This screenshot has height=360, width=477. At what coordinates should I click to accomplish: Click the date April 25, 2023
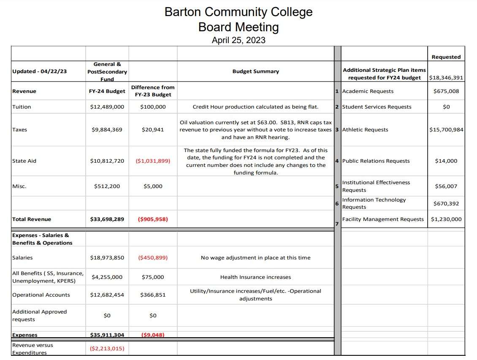point(238,41)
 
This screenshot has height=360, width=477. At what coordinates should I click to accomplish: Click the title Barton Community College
point(238,12)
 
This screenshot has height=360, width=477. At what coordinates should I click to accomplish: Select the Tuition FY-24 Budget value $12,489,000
point(107,107)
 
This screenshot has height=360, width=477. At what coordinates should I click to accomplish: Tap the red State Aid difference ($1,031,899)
point(153,161)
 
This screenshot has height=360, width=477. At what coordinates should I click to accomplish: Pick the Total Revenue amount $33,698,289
point(107,219)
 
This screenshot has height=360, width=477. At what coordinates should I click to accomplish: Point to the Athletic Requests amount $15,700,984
point(446,130)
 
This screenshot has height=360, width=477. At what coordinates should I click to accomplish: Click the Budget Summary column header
point(255,71)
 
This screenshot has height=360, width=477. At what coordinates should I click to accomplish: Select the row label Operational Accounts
point(41,295)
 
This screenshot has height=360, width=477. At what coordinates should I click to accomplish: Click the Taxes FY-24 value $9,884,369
point(107,130)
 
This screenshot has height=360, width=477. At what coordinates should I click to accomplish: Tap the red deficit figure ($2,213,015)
point(107,349)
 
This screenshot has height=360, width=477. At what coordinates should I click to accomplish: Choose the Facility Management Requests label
point(383,219)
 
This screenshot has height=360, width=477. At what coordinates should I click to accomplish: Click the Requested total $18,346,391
point(446,78)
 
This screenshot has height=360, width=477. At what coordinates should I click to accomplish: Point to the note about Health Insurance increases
point(255,277)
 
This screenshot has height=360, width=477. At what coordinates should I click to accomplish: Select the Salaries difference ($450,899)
point(153,258)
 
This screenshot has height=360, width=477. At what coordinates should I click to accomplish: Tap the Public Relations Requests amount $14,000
point(446,161)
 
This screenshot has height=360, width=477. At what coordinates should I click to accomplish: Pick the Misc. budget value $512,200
point(107,186)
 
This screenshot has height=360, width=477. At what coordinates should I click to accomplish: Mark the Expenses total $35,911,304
point(107,335)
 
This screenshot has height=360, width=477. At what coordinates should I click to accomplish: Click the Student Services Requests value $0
point(446,107)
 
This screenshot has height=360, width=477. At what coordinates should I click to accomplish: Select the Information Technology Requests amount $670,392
point(446,204)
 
